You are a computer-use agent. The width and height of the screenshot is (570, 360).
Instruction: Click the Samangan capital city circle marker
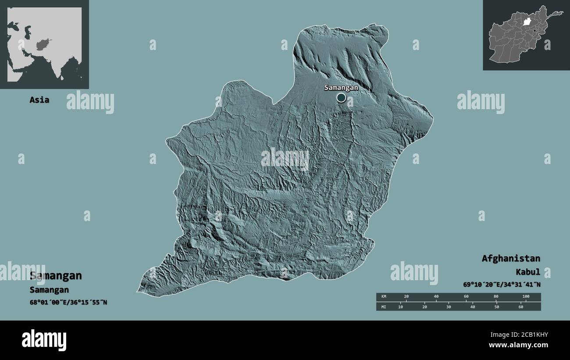[341, 98]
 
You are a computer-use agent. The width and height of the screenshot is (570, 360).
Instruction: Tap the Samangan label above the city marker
[341, 87]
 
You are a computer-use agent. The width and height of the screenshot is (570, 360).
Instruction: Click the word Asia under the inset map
[39, 100]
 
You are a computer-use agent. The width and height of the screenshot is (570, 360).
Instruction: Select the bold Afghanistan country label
[511, 258]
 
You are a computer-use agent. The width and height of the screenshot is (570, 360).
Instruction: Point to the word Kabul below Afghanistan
[527, 272]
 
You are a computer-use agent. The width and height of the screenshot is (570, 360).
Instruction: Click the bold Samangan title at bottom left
[56, 276]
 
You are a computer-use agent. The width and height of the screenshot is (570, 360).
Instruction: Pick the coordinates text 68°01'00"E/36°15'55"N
[68, 303]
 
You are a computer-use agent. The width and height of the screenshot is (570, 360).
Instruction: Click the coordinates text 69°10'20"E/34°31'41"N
[502, 285]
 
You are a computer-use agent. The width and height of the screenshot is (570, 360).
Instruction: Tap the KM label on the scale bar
[384, 297]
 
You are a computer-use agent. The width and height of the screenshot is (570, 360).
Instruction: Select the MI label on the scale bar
[384, 307]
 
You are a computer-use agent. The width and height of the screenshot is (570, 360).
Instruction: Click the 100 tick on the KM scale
[526, 297]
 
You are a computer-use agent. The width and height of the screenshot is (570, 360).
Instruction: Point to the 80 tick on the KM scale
[496, 297]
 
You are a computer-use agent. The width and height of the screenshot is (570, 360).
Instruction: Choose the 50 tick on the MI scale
[497, 307]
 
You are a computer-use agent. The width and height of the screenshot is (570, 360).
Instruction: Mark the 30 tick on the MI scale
[449, 307]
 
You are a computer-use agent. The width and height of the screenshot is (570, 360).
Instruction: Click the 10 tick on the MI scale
[400, 307]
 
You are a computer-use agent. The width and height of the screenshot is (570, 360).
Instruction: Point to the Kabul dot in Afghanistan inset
[535, 30]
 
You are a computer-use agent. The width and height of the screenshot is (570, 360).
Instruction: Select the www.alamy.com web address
[518, 346]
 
